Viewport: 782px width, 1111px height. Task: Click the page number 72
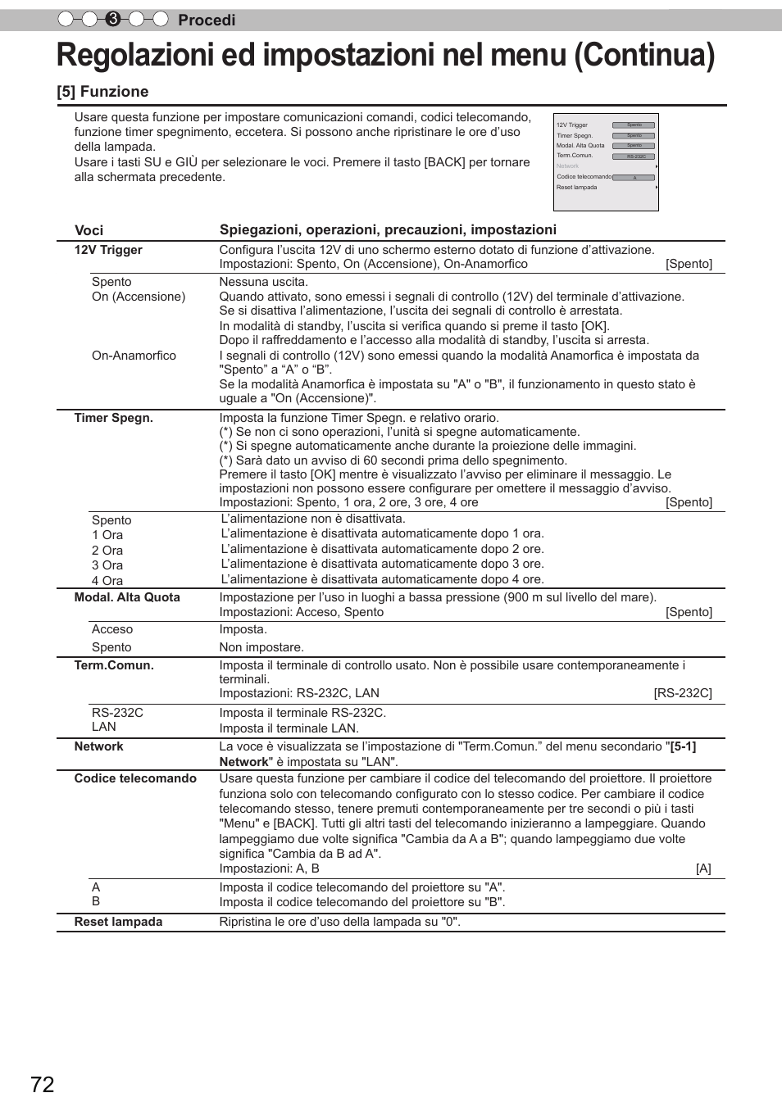[43, 1085]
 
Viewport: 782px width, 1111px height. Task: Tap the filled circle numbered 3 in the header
[113, 19]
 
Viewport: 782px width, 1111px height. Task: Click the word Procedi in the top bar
[207, 20]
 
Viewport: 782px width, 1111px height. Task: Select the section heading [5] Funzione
[102, 92]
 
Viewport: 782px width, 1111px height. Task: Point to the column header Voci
[89, 230]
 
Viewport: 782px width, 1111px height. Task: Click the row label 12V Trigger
[108, 250]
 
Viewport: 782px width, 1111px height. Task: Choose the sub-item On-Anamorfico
[134, 356]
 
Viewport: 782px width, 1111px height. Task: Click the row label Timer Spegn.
[113, 418]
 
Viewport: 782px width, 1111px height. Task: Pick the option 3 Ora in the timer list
[107, 565]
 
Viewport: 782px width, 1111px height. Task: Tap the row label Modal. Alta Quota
[127, 597]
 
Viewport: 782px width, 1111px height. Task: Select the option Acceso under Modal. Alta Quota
[112, 629]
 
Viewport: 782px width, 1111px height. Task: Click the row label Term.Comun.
[114, 665]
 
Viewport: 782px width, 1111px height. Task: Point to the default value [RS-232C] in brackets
[683, 693]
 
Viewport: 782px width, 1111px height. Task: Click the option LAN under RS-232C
[104, 727]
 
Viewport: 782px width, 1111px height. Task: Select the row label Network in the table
[98, 746]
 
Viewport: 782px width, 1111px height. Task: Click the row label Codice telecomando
[135, 778]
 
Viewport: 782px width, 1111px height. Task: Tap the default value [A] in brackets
[703, 868]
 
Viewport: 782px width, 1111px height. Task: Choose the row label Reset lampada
[118, 922]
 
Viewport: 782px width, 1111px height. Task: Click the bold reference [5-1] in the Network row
[683, 746]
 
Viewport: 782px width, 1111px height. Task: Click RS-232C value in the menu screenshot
[635, 156]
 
